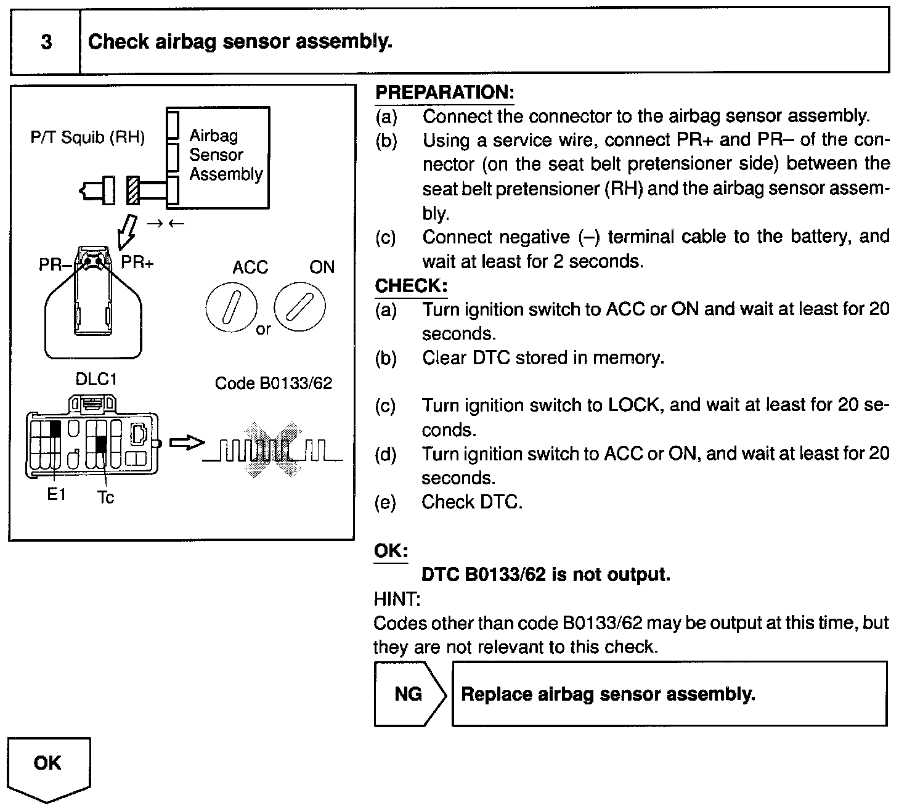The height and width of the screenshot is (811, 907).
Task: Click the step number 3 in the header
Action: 46,43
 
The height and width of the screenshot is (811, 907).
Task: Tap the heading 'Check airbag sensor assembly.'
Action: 240,42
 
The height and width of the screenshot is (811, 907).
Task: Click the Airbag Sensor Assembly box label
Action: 226,155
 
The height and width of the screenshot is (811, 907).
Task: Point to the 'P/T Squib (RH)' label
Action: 87,137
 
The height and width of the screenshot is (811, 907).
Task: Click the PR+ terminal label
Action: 137,263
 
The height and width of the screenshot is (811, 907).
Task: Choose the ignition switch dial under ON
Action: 300,306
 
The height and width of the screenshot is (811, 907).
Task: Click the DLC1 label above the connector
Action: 96,379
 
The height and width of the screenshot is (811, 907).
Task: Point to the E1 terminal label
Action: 56,494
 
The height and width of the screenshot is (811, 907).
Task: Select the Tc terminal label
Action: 105,497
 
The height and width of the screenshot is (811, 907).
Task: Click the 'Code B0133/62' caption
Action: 273,383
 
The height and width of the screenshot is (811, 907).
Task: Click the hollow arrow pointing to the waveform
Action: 186,442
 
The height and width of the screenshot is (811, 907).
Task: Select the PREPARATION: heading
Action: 444,93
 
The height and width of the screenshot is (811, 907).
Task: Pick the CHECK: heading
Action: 411,287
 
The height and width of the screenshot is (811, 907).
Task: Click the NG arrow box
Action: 409,694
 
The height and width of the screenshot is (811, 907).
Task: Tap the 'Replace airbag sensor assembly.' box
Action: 669,694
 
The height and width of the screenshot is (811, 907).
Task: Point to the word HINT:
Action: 396,598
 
